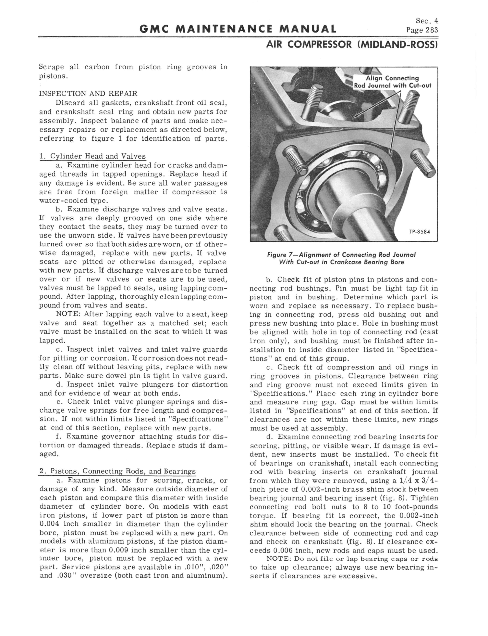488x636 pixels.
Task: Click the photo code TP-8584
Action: pos(419,232)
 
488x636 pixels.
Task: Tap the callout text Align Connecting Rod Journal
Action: pos(392,82)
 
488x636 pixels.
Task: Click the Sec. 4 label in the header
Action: pos(427,21)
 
